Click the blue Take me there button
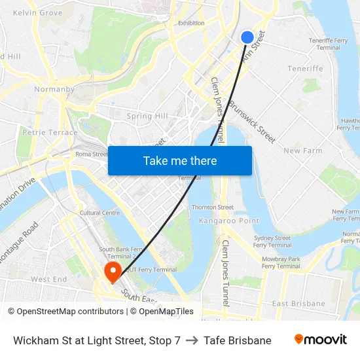(x=180, y=160)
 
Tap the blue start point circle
(x=247, y=37)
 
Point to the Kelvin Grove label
(x=37, y=12)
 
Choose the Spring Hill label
(x=147, y=117)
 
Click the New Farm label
(x=303, y=151)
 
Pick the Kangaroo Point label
(x=229, y=221)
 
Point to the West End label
(x=49, y=279)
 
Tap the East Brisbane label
(x=298, y=304)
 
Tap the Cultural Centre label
(x=99, y=213)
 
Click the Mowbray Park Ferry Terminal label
(x=281, y=262)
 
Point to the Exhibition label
(x=191, y=23)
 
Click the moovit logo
(x=321, y=340)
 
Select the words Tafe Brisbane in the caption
(x=237, y=340)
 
